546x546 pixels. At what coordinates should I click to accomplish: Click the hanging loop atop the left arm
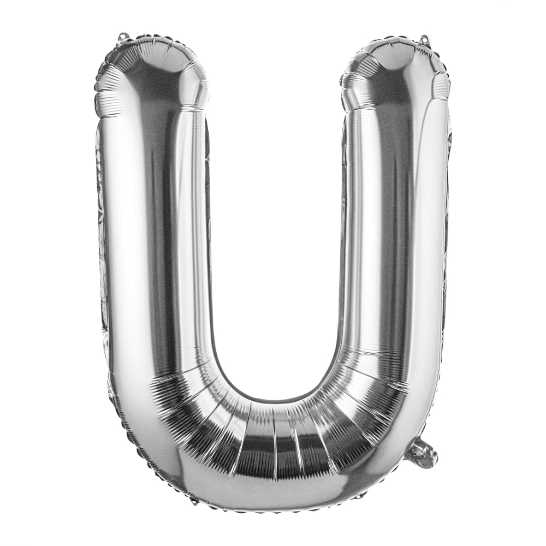pos(122,37)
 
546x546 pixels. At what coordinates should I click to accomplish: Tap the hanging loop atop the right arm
pos(424,39)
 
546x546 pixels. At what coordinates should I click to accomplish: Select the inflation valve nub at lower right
pos(422,453)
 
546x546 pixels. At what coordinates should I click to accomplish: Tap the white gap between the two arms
pos(276,218)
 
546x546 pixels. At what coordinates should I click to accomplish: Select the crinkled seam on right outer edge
pos(447,218)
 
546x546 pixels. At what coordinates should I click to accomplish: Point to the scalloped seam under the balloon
pos(273,511)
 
